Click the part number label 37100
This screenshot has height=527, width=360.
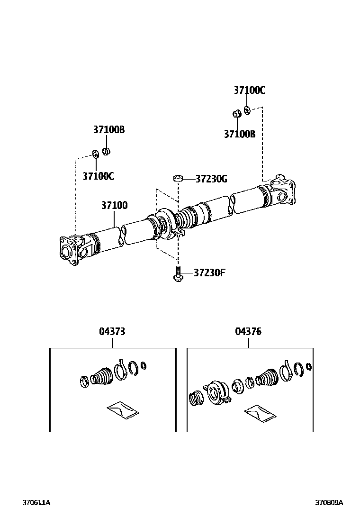(x=114, y=206)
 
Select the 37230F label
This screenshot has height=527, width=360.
(x=209, y=273)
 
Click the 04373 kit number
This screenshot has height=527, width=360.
(x=112, y=332)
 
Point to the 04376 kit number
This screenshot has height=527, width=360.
(x=248, y=332)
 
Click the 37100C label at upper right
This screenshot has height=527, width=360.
(x=249, y=90)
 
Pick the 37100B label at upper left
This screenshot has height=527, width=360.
(x=108, y=129)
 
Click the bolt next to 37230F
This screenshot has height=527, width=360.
(x=177, y=274)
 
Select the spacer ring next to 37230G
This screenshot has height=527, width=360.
(x=178, y=179)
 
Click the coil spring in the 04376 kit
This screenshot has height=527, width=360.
(x=195, y=399)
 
